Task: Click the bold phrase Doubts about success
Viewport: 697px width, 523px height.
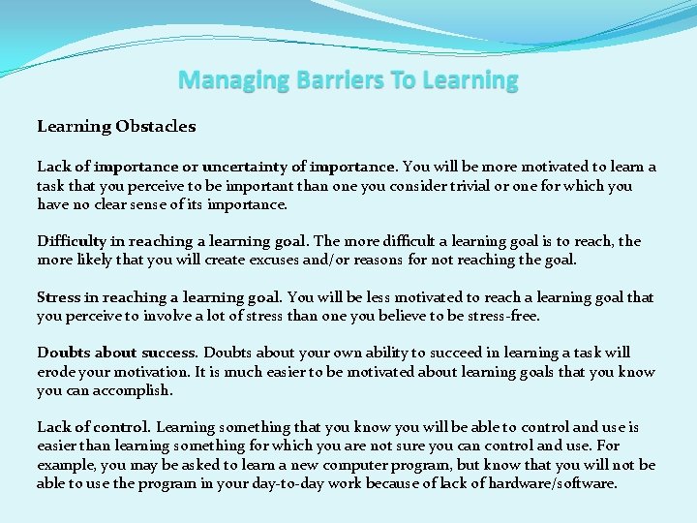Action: click(117, 354)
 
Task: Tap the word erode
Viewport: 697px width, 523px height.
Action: click(57, 372)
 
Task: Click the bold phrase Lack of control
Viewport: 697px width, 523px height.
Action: click(93, 427)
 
